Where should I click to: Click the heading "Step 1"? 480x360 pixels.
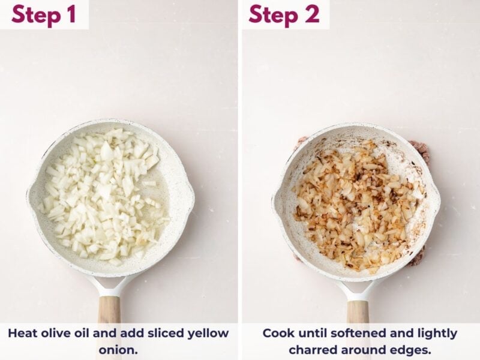43,14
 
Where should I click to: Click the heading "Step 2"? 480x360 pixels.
284,14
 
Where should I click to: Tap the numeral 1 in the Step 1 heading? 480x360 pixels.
71,14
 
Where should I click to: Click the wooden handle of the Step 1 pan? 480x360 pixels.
109,310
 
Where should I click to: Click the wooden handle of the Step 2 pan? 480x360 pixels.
358,312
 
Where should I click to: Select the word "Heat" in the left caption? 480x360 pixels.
21,333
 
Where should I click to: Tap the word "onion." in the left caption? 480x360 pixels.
118,350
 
